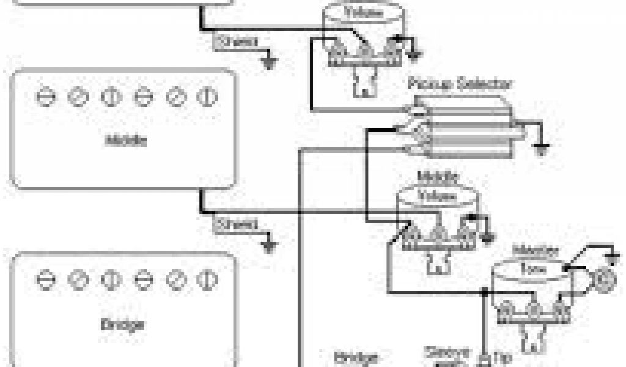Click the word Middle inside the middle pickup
(x=126, y=140)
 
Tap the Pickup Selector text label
(x=460, y=83)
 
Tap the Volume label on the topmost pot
(x=363, y=12)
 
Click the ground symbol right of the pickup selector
(x=540, y=148)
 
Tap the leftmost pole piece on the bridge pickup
(x=44, y=280)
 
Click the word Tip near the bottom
(x=502, y=357)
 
